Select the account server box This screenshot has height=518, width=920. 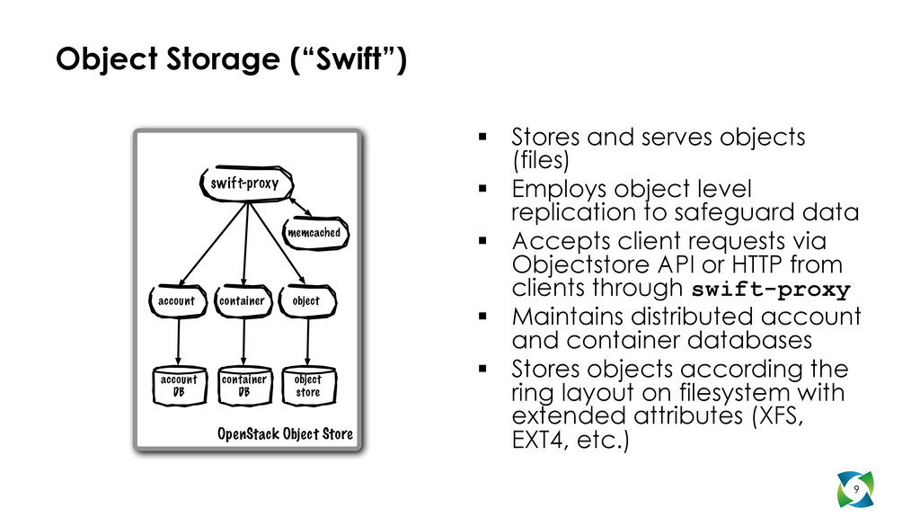tap(176, 300)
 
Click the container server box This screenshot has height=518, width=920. tap(243, 300)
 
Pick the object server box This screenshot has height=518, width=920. tap(306, 300)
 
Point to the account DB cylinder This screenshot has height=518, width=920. tap(178, 385)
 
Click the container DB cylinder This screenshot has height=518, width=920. tap(243, 385)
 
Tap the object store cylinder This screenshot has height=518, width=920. tap(307, 385)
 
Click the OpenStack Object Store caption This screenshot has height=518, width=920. tap(286, 435)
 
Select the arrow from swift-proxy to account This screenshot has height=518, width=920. tap(214, 243)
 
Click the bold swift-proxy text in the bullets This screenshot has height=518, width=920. tap(771, 290)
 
